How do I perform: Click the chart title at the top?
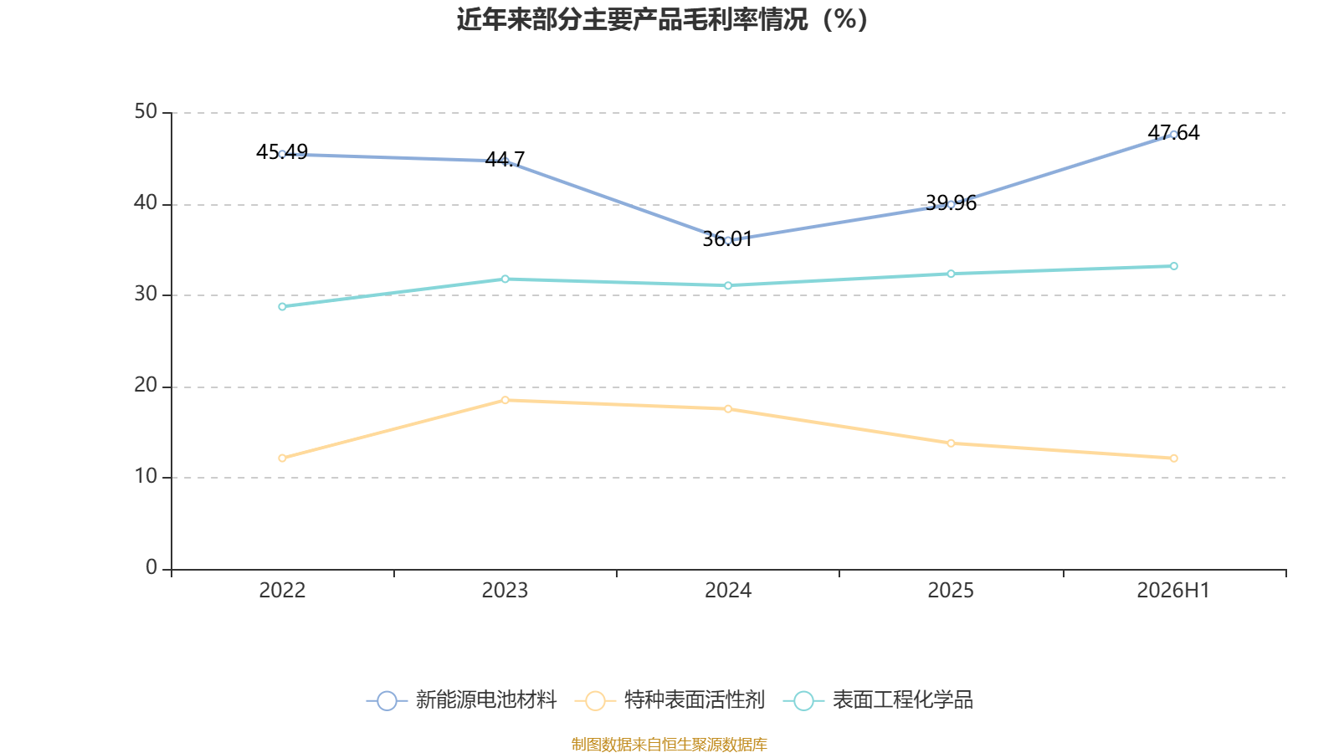(662, 20)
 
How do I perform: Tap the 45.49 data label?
(281, 151)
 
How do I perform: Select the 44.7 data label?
(505, 159)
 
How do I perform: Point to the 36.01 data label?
(727, 239)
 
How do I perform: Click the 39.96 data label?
(951, 203)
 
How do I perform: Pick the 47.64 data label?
(1173, 133)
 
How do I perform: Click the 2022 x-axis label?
(282, 591)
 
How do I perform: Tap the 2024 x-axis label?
(728, 591)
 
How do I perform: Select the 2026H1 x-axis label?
(1173, 591)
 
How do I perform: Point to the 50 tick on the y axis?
(146, 111)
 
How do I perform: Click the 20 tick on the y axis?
(146, 386)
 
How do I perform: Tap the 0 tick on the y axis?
(151, 567)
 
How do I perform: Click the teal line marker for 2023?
(505, 279)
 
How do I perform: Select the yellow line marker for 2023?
(505, 401)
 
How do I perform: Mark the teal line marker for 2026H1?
(1174, 266)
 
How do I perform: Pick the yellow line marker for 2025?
(951, 443)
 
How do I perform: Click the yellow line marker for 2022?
(282, 458)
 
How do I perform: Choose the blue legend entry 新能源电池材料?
(461, 699)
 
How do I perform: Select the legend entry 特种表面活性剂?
(669, 699)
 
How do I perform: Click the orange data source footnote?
(669, 744)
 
